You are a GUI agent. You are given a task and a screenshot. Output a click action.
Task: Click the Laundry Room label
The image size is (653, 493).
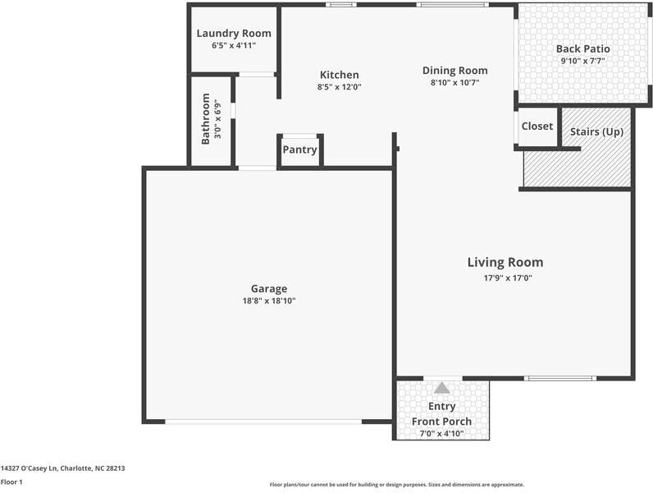click(x=234, y=34)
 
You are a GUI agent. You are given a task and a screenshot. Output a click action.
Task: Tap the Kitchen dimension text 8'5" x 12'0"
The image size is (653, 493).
click(x=339, y=87)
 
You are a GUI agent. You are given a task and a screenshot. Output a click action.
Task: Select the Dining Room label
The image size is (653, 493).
click(x=454, y=71)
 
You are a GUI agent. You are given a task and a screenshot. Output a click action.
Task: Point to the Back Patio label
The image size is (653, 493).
click(x=582, y=49)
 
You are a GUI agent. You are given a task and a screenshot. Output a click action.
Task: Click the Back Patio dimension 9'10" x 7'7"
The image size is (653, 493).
click(x=582, y=62)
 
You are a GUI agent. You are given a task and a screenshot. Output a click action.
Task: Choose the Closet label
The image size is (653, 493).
click(x=537, y=127)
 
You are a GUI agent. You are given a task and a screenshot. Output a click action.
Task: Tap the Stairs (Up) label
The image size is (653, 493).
click(x=596, y=131)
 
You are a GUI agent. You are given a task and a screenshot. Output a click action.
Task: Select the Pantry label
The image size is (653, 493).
click(x=299, y=150)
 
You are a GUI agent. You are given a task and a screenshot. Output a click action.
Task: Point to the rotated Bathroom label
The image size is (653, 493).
click(x=206, y=118)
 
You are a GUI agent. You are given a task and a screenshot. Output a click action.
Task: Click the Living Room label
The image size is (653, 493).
click(x=505, y=263)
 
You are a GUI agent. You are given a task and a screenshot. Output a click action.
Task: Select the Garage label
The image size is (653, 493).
click(x=268, y=288)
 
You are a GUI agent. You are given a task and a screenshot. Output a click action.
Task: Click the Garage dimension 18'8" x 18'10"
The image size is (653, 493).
click(x=268, y=301)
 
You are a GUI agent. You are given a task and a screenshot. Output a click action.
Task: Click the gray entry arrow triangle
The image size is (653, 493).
click(x=442, y=388)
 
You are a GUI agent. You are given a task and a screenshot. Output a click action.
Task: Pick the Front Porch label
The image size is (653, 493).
click(x=441, y=422)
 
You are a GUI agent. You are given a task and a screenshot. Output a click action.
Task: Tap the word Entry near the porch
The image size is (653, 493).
click(x=441, y=407)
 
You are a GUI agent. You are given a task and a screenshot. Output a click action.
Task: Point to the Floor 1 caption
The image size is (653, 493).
click(x=11, y=482)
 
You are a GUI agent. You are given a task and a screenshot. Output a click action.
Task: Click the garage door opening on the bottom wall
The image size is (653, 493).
click(x=263, y=422)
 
